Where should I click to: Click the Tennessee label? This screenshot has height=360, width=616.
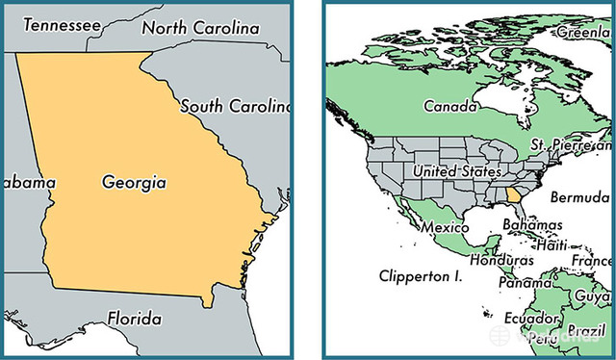tap(61, 24)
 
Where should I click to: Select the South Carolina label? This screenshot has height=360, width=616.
tap(235, 106)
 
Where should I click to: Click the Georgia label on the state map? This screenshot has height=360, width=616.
tap(134, 181)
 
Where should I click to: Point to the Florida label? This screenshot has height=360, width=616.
tap(134, 318)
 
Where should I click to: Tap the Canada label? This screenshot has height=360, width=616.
tap(452, 105)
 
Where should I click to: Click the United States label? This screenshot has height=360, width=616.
tap(456, 171)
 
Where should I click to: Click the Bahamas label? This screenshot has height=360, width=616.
tap(531, 224)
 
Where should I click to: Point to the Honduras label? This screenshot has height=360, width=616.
tap(500, 261)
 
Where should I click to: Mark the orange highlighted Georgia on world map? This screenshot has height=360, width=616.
tap(516, 200)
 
